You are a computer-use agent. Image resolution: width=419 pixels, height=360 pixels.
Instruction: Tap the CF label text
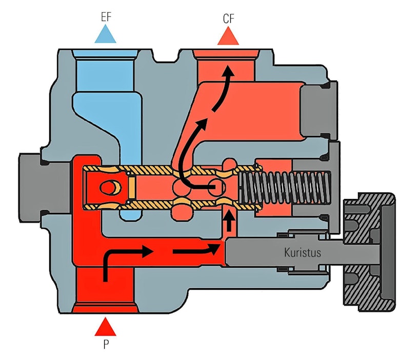229,19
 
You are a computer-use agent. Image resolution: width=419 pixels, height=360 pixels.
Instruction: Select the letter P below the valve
106,344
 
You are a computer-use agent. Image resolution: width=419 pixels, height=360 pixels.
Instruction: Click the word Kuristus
302,252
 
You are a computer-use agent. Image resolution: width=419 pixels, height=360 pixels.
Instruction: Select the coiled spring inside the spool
285,188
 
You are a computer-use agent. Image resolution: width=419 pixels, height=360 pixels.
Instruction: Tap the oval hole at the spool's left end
108,188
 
